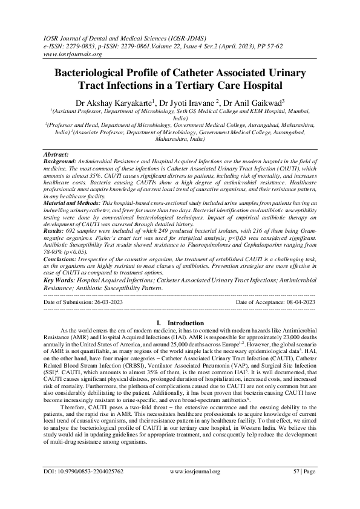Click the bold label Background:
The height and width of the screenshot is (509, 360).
62,163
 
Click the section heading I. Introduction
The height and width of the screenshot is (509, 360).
180,323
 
